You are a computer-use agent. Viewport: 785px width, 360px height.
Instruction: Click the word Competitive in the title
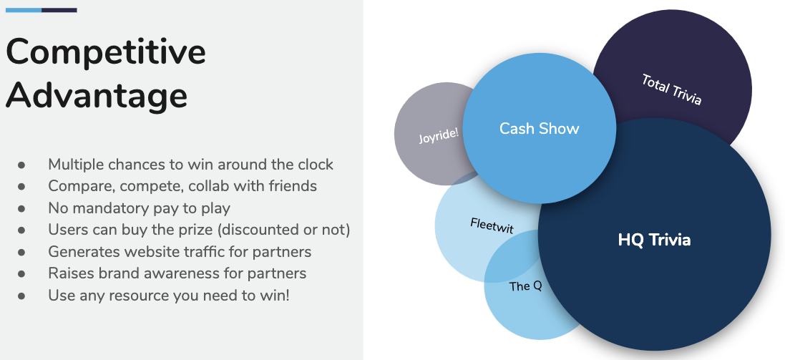(106, 52)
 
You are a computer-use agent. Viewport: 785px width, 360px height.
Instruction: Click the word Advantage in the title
(97, 94)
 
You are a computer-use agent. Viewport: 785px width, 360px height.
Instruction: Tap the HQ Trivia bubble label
(654, 240)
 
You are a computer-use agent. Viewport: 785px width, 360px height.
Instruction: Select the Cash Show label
(539, 128)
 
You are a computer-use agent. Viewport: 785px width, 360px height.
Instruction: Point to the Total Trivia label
(671, 89)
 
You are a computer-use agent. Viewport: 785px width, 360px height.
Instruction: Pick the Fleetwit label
(492, 225)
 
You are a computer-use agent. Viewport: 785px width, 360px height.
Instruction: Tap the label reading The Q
(526, 286)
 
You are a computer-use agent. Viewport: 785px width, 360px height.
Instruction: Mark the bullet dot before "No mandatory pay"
(21, 208)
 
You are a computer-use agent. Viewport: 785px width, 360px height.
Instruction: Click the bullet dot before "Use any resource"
(21, 296)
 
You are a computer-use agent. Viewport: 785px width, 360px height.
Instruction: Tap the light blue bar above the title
(24, 10)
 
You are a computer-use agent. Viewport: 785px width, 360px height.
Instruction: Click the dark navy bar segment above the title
(59, 10)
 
